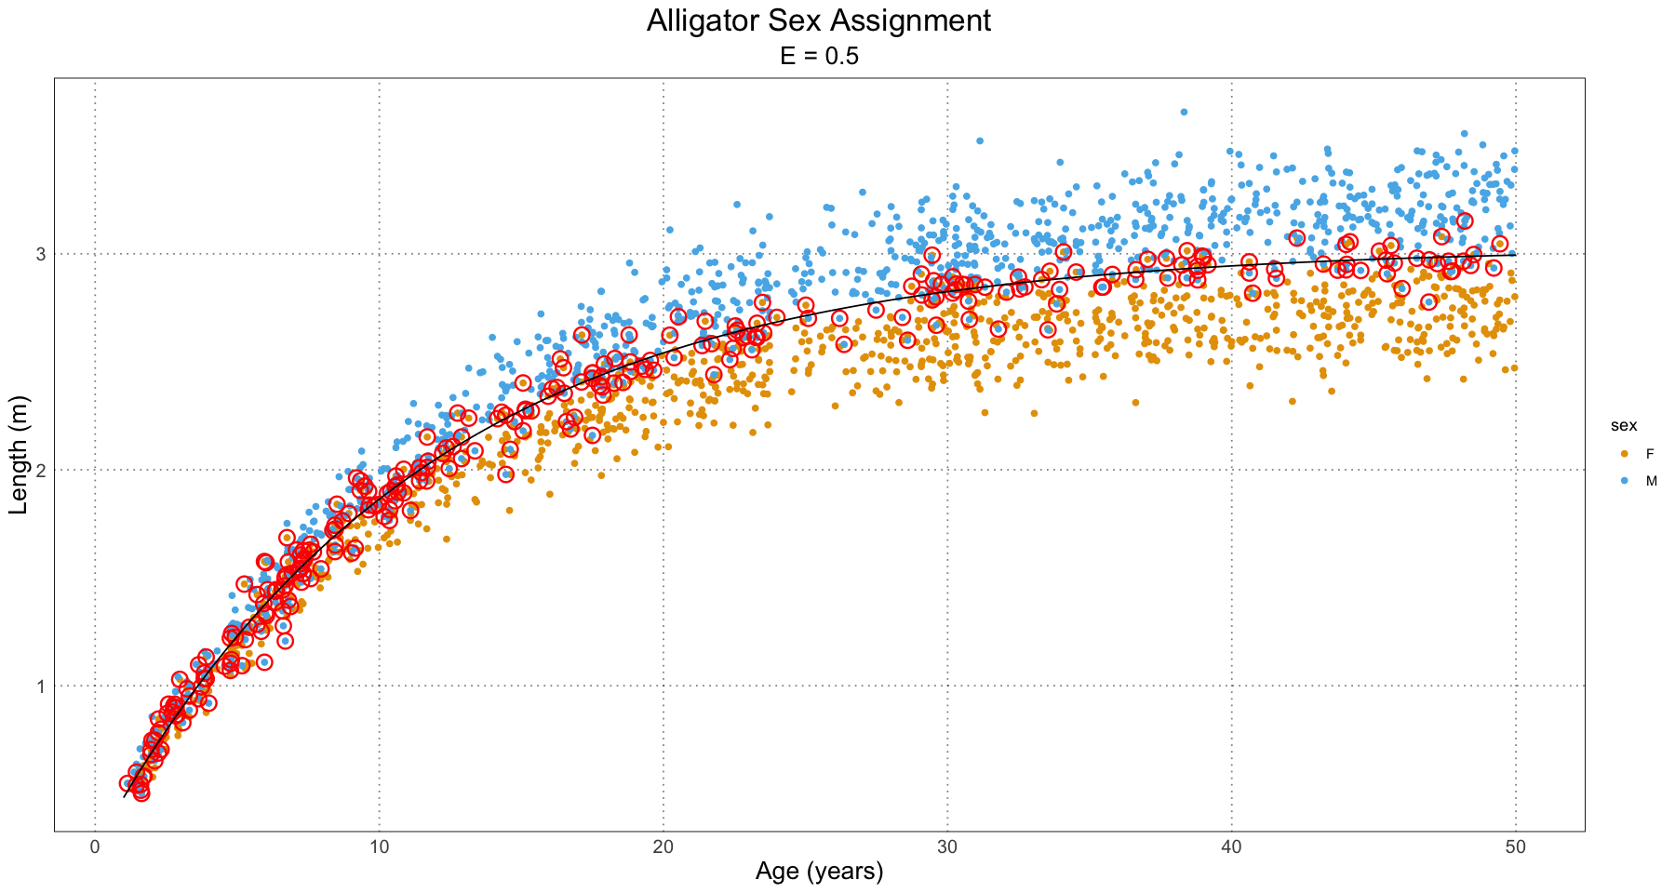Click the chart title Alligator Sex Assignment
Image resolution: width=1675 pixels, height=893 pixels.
819,20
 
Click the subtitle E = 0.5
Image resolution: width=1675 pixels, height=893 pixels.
819,57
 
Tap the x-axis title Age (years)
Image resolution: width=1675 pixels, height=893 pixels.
819,872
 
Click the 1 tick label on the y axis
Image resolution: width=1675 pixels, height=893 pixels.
41,686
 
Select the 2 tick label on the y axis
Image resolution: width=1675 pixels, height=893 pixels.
41,471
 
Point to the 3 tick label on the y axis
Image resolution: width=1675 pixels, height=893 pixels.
41,254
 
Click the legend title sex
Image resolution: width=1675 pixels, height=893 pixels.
1625,426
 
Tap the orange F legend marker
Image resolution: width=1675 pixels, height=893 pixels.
1625,453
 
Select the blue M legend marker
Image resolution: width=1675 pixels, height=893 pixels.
1625,481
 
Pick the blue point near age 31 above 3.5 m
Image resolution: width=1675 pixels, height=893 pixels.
980,141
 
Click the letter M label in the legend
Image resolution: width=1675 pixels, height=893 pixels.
1652,481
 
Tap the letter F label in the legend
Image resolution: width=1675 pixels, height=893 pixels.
1650,453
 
